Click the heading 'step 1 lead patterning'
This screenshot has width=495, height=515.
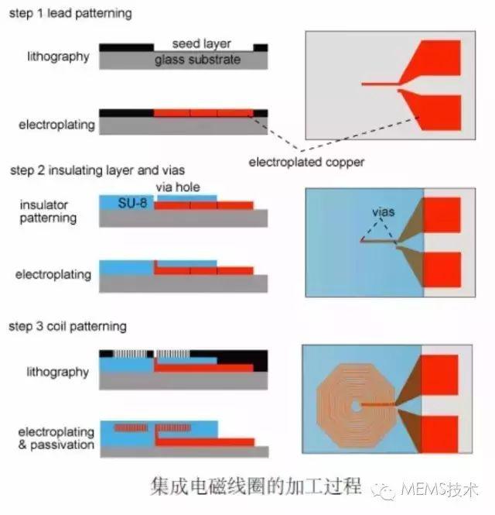[x=70, y=13]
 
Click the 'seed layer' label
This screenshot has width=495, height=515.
[x=202, y=44]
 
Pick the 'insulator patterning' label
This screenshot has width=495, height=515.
[x=48, y=211]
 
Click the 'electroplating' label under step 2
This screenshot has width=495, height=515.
[x=56, y=274]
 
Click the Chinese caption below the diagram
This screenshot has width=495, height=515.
[x=254, y=487]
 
